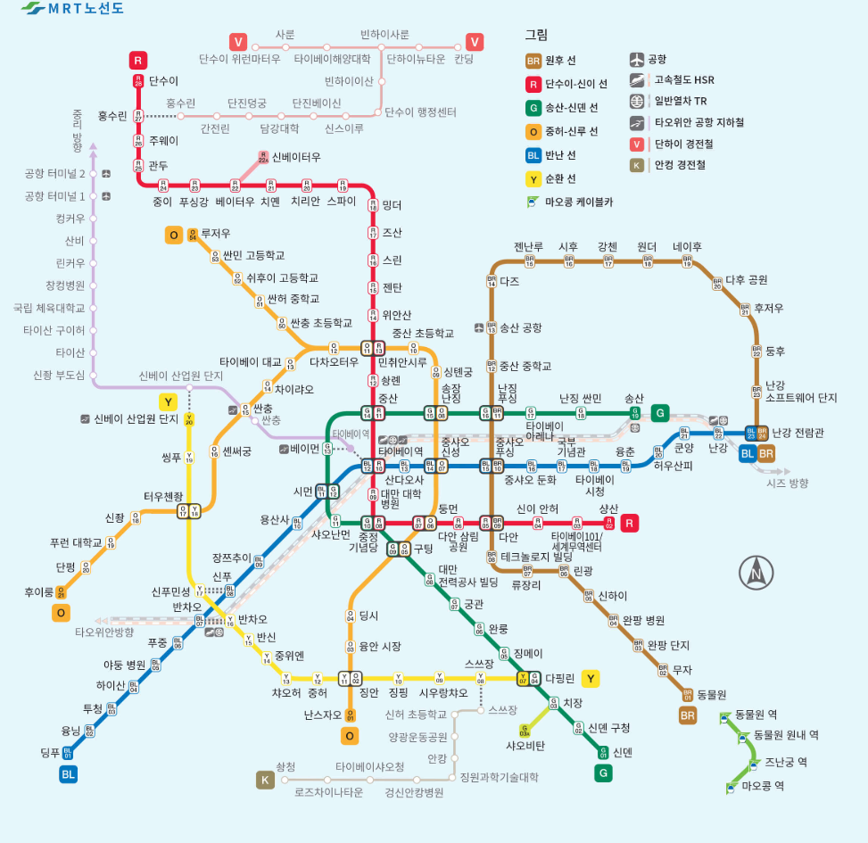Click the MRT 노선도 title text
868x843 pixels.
(x=86, y=10)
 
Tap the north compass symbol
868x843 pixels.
(x=756, y=572)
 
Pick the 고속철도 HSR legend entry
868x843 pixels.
(x=684, y=80)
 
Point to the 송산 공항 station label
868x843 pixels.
(x=520, y=327)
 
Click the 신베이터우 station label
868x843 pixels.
(x=296, y=156)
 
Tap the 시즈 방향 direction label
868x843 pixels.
(x=787, y=483)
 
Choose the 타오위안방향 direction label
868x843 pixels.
(x=104, y=632)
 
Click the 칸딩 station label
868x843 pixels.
(x=464, y=60)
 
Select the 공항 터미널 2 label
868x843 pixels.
(x=55, y=173)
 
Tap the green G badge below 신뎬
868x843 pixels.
(x=604, y=773)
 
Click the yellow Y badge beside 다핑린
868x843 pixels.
(x=590, y=678)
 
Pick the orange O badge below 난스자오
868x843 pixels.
(x=350, y=736)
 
